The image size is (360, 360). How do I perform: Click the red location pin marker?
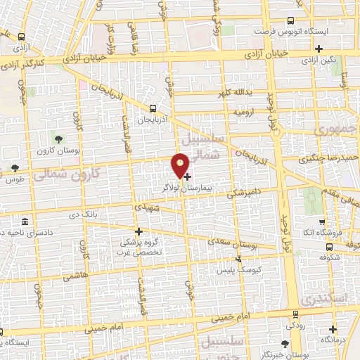point(180,165)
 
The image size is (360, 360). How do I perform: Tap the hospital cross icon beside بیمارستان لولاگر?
point(187,176)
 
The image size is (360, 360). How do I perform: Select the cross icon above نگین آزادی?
point(319,49)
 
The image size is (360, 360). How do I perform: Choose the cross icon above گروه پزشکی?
point(139,231)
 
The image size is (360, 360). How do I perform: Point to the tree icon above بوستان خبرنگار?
point(284,343)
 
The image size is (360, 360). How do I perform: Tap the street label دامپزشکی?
point(240,191)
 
